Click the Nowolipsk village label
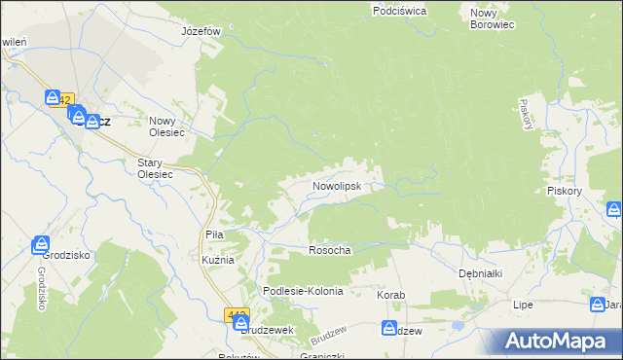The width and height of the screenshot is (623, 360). [x=336, y=184]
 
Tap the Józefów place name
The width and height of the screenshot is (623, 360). [x=202, y=30]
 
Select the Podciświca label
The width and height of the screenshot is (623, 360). [x=399, y=11]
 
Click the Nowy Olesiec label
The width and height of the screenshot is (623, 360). [x=168, y=121]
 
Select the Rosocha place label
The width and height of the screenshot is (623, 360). [x=329, y=250]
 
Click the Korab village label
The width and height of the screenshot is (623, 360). [x=390, y=294]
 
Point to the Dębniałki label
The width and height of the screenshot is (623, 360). [x=480, y=273]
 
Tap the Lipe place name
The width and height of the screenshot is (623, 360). [x=524, y=305]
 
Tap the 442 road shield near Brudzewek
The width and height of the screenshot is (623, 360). [x=238, y=315]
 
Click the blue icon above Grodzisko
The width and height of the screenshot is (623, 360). [x=41, y=244]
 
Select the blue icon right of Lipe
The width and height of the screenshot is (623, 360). [x=598, y=306]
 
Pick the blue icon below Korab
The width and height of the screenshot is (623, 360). [x=389, y=329]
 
